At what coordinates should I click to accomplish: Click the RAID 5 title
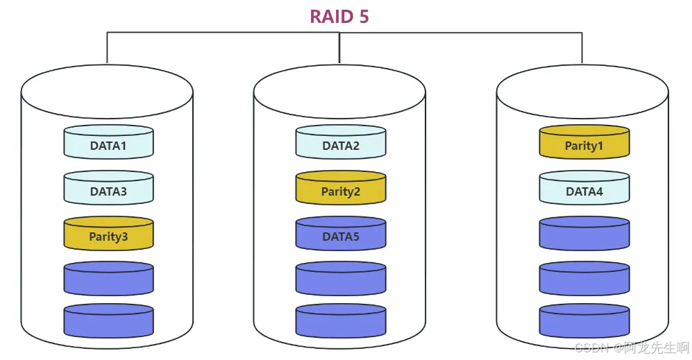coord(339,17)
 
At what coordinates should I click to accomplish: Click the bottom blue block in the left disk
coord(108,321)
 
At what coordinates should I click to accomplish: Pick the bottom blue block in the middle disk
coord(341,321)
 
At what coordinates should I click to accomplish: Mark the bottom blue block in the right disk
coord(584,321)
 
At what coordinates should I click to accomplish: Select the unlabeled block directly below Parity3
coord(108,279)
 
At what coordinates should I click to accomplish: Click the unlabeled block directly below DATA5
coord(341,279)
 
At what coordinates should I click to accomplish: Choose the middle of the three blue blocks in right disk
coord(584,279)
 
